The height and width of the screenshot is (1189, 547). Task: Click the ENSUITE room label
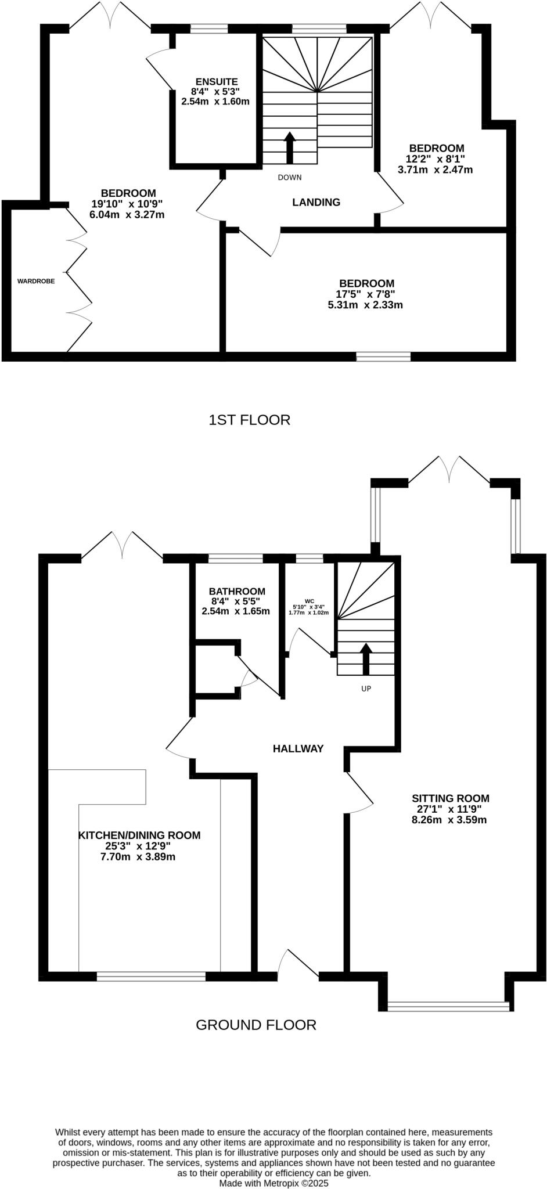216,82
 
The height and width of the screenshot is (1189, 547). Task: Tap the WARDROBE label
36,281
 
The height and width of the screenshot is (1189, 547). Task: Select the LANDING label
316,203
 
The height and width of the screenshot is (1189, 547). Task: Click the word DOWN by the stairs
289,178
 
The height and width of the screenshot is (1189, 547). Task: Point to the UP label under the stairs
366,689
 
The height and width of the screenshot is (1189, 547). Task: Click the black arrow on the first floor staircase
289,147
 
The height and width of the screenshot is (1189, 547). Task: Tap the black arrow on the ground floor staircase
366,658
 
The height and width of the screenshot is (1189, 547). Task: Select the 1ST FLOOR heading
249,420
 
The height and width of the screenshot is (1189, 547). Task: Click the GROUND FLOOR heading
255,1025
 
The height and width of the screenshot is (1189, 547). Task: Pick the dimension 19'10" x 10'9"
127,204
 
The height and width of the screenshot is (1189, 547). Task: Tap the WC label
310,601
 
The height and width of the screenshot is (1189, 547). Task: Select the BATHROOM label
237,591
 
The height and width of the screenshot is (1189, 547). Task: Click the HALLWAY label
298,749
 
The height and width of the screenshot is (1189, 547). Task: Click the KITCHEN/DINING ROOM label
139,835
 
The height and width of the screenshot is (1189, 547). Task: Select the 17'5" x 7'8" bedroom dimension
365,294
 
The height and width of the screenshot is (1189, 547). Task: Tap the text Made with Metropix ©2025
273,1183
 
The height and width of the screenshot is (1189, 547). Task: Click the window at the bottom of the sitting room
448,1006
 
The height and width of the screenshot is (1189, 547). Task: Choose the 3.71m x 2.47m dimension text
435,170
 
